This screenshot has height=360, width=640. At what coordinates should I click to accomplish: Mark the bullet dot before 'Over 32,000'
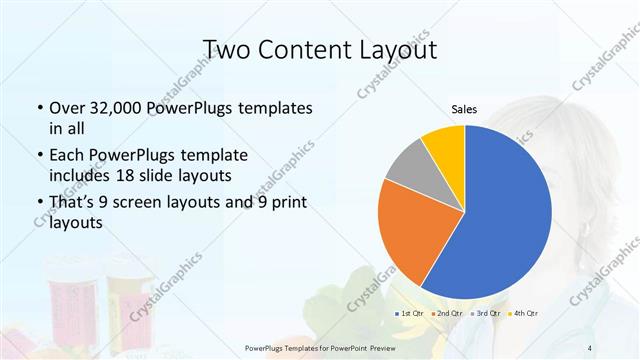click(39, 108)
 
